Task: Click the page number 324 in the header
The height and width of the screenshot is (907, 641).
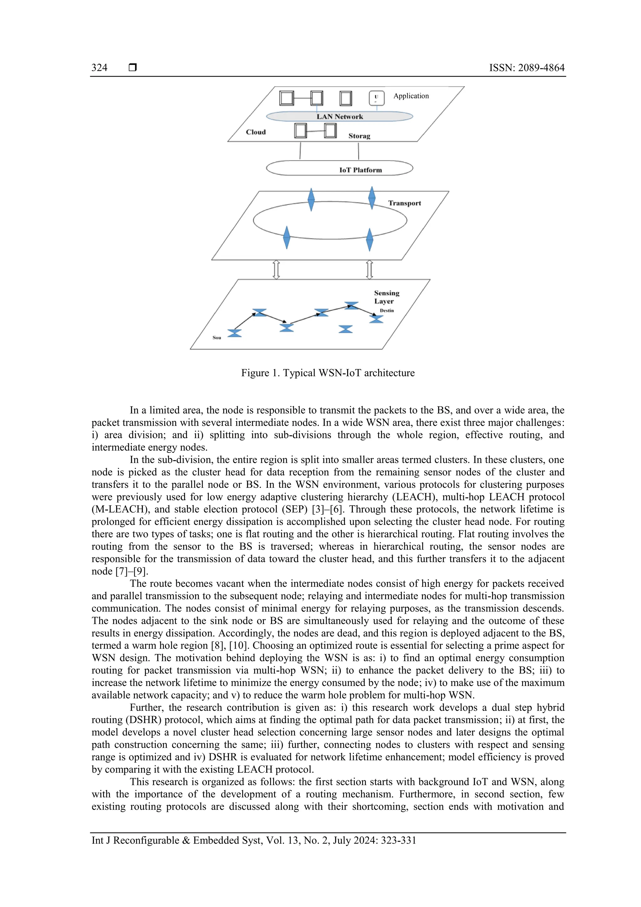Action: [99, 68]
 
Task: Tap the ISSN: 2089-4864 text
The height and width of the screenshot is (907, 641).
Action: [526, 68]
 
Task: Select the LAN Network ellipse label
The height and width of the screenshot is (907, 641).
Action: [339, 116]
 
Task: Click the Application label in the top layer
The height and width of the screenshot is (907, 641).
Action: [411, 96]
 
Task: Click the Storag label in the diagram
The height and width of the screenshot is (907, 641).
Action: [359, 136]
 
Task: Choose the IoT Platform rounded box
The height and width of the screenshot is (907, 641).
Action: [339, 168]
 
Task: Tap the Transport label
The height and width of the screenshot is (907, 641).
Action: [404, 203]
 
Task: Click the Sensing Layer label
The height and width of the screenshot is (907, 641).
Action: [386, 297]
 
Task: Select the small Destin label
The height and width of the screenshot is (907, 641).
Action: [387, 311]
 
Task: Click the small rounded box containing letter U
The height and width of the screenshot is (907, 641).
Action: [377, 98]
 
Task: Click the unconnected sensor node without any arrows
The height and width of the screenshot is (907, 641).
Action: [346, 329]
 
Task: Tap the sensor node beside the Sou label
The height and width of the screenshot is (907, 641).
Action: [235, 333]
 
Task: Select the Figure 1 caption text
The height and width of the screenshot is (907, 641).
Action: [328, 373]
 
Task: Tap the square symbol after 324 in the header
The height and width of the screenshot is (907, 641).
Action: [133, 68]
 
